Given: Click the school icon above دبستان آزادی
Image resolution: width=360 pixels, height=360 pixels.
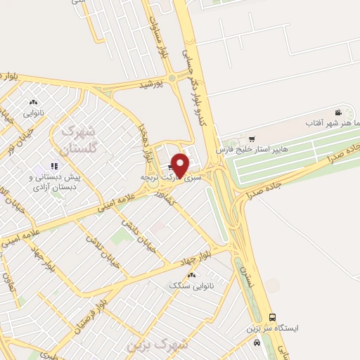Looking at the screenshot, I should pyautogui.click(x=54, y=166).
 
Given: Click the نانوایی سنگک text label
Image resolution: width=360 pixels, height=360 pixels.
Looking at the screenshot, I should pyautogui.click(x=182, y=285).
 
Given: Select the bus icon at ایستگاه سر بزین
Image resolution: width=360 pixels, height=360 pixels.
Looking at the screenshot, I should pyautogui.click(x=272, y=317).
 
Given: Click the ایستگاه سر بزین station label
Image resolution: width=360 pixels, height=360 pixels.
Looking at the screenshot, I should pyautogui.click(x=272, y=328).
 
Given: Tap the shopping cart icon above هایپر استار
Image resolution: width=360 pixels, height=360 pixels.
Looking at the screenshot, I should pyautogui.click(x=252, y=139).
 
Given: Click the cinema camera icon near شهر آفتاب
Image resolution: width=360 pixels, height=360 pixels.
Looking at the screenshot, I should pyautogui.click(x=338, y=112).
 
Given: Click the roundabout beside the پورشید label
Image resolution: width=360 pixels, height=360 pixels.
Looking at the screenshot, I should pyautogui.click(x=171, y=79).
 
